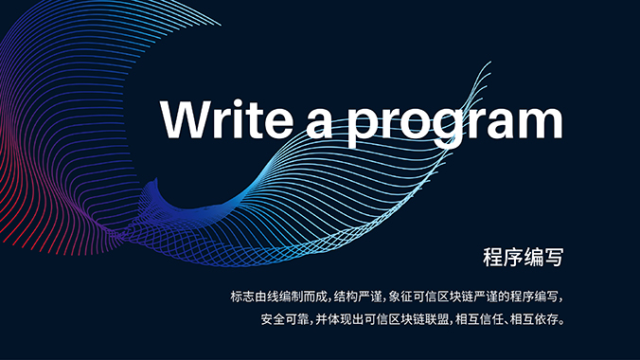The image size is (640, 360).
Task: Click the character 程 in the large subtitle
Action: click(x=493, y=256)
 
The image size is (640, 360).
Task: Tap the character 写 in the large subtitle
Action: click(x=556, y=256)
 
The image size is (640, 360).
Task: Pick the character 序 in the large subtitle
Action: click(x=514, y=256)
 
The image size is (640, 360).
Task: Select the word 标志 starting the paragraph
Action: click(x=241, y=296)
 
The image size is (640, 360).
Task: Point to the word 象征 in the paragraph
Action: click(x=400, y=296)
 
